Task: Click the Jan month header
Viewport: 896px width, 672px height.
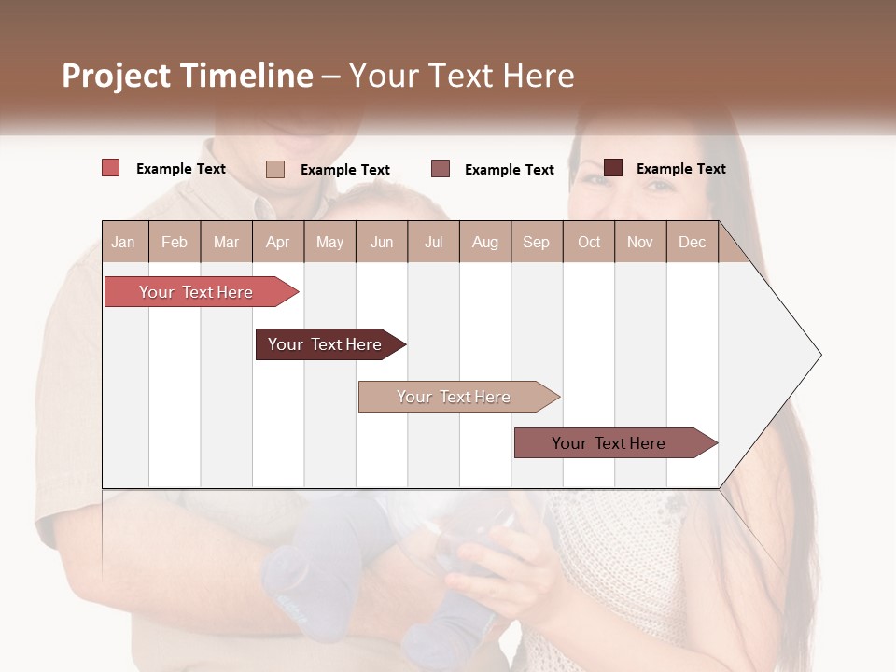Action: click(x=123, y=242)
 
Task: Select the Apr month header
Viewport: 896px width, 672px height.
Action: click(x=277, y=242)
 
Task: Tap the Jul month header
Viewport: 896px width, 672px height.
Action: click(x=433, y=242)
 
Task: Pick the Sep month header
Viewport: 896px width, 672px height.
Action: click(x=536, y=242)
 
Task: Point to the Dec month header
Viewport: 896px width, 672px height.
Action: click(x=692, y=242)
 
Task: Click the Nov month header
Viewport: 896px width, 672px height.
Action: click(x=639, y=242)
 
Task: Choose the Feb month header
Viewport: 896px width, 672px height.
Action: click(x=175, y=242)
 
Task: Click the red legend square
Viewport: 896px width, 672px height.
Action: click(x=111, y=168)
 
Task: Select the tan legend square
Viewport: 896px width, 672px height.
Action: click(x=275, y=169)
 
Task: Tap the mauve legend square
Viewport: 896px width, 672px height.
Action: click(x=441, y=169)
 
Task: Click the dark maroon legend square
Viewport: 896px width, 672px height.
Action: click(x=613, y=168)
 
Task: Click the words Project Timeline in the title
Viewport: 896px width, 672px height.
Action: click(x=188, y=76)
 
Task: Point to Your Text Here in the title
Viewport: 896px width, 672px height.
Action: click(x=461, y=76)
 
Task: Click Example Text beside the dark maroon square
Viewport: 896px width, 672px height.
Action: click(x=680, y=169)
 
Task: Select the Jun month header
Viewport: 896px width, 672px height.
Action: click(x=382, y=242)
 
